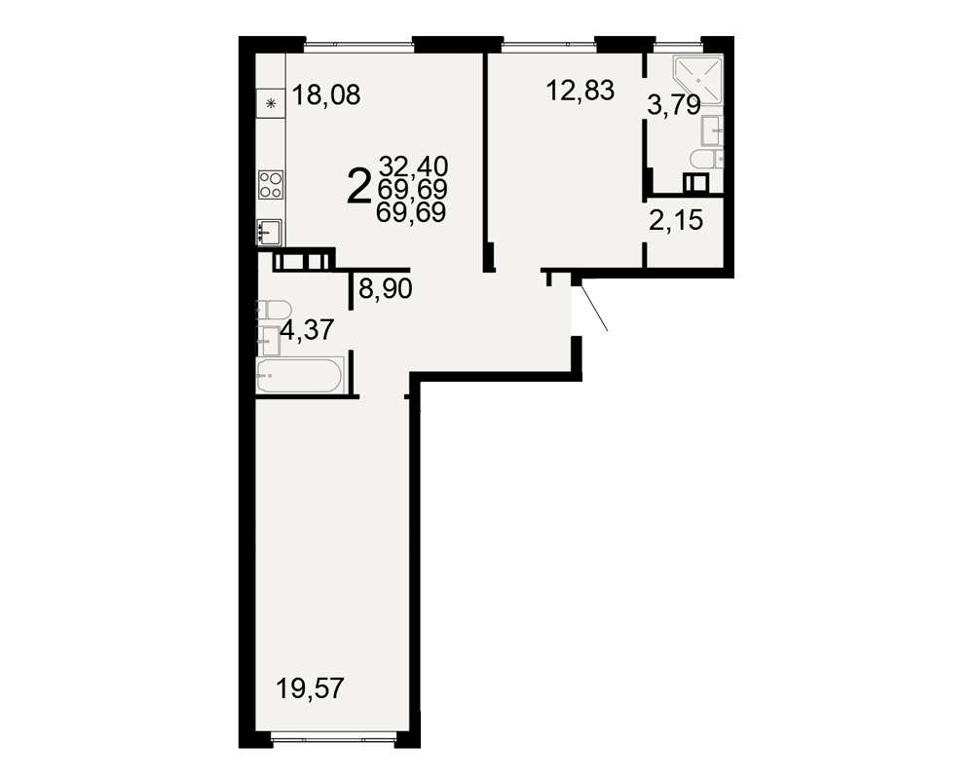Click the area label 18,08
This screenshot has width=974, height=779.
[326, 95]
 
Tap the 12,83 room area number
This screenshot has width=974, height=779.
[581, 91]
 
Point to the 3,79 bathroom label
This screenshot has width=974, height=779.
[674, 105]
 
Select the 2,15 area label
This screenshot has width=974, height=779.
[676, 220]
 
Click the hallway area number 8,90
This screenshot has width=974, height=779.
[386, 289]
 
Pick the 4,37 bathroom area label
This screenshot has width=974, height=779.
[308, 329]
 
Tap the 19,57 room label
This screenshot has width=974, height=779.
[310, 688]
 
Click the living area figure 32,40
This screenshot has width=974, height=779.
[413, 166]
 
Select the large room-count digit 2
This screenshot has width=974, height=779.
[359, 187]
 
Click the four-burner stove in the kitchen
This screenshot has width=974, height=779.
[271, 184]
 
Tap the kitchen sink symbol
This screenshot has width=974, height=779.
[270, 233]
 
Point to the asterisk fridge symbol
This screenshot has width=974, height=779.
[271, 104]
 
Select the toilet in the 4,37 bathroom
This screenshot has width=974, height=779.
[274, 310]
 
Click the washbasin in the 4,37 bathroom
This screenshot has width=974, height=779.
[269, 341]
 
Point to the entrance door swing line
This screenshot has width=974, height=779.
[594, 308]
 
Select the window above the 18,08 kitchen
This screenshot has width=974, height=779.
[358, 46]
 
